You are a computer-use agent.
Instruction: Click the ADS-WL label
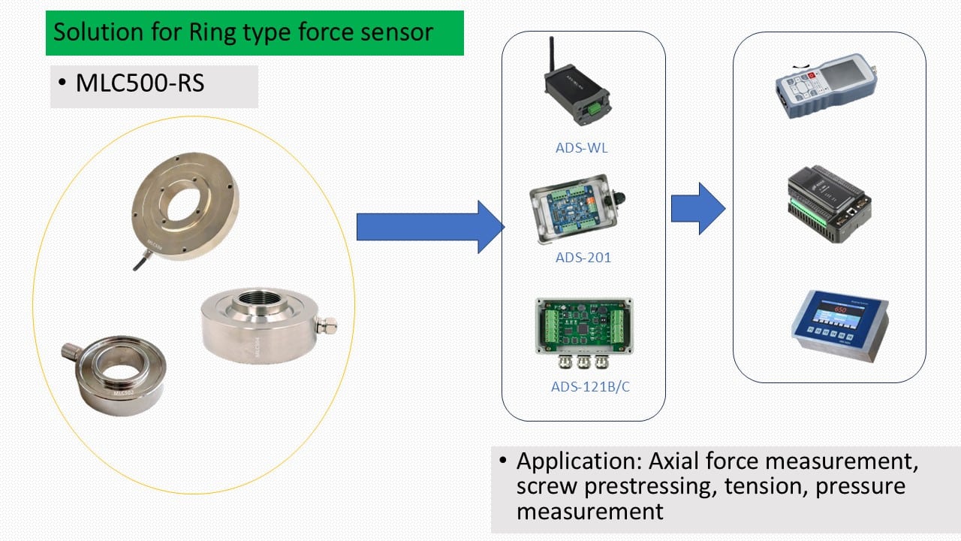[582, 148]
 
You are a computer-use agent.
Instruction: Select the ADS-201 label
[583, 258]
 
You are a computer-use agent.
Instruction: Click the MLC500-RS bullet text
[140, 83]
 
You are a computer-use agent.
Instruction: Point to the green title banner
[255, 33]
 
